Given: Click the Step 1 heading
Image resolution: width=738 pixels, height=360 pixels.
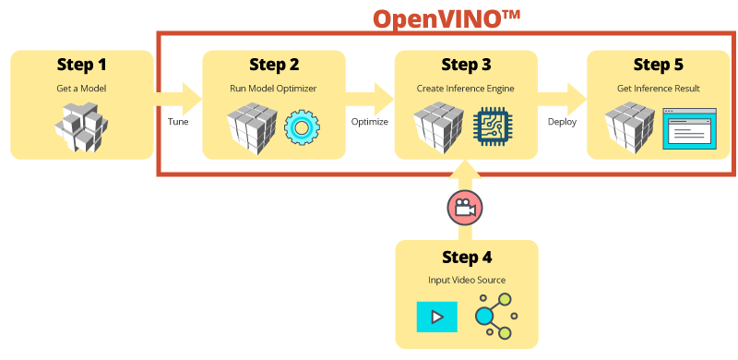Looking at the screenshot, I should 81,66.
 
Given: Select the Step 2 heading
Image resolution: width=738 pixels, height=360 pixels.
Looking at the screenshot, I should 274,66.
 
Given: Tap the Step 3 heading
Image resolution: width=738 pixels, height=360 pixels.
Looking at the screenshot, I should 466,66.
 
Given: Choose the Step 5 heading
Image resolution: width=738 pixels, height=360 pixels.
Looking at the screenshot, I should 659,66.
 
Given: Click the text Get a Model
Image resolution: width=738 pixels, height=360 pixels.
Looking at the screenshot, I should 81,89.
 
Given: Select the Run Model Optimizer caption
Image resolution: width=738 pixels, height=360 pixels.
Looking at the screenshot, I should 274,89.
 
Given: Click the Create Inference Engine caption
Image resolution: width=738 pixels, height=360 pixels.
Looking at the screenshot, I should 466,89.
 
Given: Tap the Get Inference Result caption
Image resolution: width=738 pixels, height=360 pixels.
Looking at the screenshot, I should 659,89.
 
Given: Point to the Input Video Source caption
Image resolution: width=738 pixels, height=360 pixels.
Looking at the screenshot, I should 466,280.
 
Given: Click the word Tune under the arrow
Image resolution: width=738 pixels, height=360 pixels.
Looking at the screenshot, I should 178,122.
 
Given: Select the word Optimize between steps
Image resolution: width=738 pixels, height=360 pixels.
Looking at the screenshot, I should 370,122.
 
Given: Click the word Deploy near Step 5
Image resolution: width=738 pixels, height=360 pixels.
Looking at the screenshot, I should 562,122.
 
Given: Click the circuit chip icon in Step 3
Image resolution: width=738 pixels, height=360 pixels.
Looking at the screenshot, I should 491,126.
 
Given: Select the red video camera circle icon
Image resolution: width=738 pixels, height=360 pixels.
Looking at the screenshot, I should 465,209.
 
